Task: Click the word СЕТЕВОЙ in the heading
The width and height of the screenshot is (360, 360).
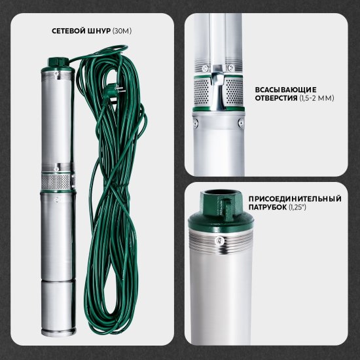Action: click(69, 31)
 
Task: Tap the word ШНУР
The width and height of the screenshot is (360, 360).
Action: click(99, 31)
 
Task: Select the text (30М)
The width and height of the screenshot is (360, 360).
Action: click(122, 31)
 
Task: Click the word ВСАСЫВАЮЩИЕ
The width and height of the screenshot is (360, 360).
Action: click(285, 90)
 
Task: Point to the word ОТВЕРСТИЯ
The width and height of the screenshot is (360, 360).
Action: click(276, 98)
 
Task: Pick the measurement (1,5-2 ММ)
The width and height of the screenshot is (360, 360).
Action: click(317, 98)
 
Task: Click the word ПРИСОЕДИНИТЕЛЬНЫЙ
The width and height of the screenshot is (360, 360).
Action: click(295, 199)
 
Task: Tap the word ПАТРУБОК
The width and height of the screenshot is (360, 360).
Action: click(268, 207)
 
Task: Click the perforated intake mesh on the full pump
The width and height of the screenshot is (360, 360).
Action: click(56, 181)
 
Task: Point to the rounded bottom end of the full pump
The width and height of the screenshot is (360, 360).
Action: click(58, 333)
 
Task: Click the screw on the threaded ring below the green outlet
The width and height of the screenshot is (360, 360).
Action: click(220, 241)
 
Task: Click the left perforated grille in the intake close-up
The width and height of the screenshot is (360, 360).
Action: click(202, 92)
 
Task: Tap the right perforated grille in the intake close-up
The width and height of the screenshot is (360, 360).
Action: click(234, 92)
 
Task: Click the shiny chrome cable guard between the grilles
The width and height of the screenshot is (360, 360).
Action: click(217, 88)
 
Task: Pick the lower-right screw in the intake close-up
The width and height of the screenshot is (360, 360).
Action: click(241, 123)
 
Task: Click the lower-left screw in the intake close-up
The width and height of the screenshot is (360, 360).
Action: click(196, 123)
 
